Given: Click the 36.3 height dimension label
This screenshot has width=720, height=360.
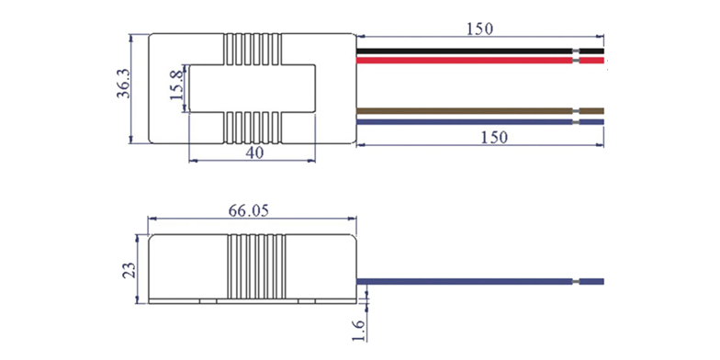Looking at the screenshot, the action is click(x=123, y=84).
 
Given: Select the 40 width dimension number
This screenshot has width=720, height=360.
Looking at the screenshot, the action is click(x=255, y=152).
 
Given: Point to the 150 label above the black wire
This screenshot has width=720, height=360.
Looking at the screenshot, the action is click(x=479, y=29).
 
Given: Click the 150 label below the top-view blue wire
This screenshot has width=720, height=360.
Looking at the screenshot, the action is click(x=494, y=137).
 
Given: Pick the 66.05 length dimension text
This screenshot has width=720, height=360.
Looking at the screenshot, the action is click(x=248, y=211).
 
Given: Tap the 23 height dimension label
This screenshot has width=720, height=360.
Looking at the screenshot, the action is click(x=130, y=270).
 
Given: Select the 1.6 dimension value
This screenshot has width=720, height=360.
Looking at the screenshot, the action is click(x=360, y=331).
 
